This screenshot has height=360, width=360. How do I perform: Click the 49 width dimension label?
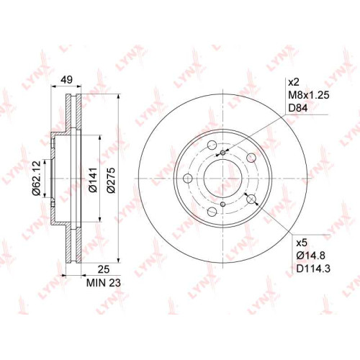(x=66, y=79)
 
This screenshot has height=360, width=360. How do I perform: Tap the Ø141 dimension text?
(x=93, y=179)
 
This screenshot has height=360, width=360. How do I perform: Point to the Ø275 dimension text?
(x=112, y=180)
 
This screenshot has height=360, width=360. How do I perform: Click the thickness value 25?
(x=104, y=269)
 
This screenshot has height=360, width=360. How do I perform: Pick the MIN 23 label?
(x=104, y=283)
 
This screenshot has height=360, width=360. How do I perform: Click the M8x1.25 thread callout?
(x=309, y=95)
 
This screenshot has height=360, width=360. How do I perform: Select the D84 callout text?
(x=298, y=108)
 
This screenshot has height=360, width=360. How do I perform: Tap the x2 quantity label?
(x=294, y=82)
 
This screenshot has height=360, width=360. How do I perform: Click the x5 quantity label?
(x=302, y=243)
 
